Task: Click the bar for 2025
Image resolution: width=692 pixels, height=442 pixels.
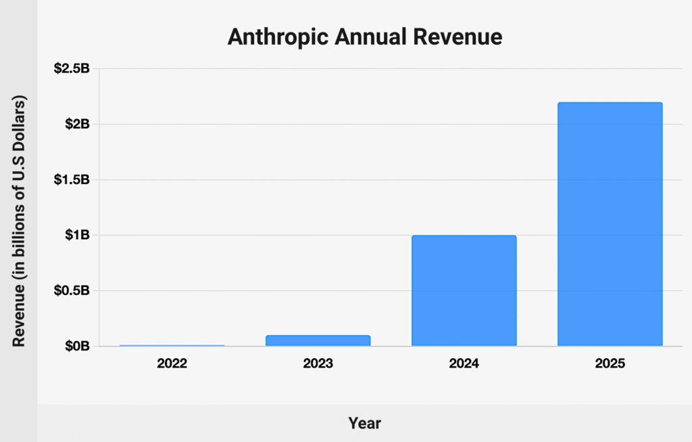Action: (610, 224)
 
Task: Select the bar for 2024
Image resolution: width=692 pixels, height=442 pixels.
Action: (464, 290)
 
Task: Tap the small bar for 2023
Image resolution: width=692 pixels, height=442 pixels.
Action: (318, 340)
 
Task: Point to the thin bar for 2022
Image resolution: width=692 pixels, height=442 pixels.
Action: (172, 345)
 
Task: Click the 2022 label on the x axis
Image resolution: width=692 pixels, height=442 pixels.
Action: (172, 363)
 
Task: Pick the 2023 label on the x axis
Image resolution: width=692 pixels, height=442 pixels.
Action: (318, 363)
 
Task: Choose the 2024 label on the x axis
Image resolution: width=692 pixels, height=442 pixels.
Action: (464, 363)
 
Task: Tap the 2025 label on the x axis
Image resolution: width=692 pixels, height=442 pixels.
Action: (610, 363)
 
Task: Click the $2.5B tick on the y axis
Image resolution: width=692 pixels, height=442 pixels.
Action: (72, 69)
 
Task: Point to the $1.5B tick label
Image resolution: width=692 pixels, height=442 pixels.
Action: (72, 180)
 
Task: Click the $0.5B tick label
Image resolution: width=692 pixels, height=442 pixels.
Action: (72, 291)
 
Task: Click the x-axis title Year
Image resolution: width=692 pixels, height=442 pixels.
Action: (365, 424)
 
